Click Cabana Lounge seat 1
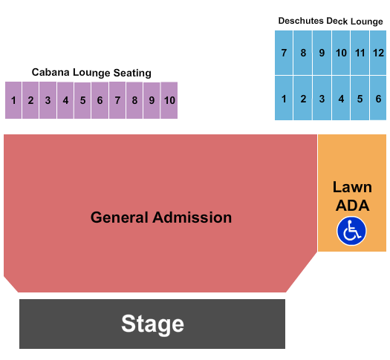click(x=13, y=100)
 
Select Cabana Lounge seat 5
click(x=82, y=100)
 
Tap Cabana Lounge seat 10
click(x=169, y=100)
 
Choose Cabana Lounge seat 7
click(x=117, y=100)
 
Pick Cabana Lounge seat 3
click(x=48, y=100)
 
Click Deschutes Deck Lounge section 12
click(x=378, y=53)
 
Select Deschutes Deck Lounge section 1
click(x=284, y=98)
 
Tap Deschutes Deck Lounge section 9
click(x=322, y=53)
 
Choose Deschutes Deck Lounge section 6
click(x=378, y=98)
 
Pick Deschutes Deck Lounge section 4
click(x=341, y=98)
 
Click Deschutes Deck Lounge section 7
click(x=284, y=53)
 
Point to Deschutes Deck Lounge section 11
click(x=360, y=53)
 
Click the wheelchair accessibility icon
click(x=351, y=230)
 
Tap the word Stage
click(x=152, y=324)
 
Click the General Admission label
click(x=161, y=217)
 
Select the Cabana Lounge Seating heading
click(x=91, y=73)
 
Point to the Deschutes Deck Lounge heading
click(x=331, y=22)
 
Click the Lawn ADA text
click(x=351, y=196)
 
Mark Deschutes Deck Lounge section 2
click(x=303, y=98)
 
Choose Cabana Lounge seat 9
click(x=152, y=100)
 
